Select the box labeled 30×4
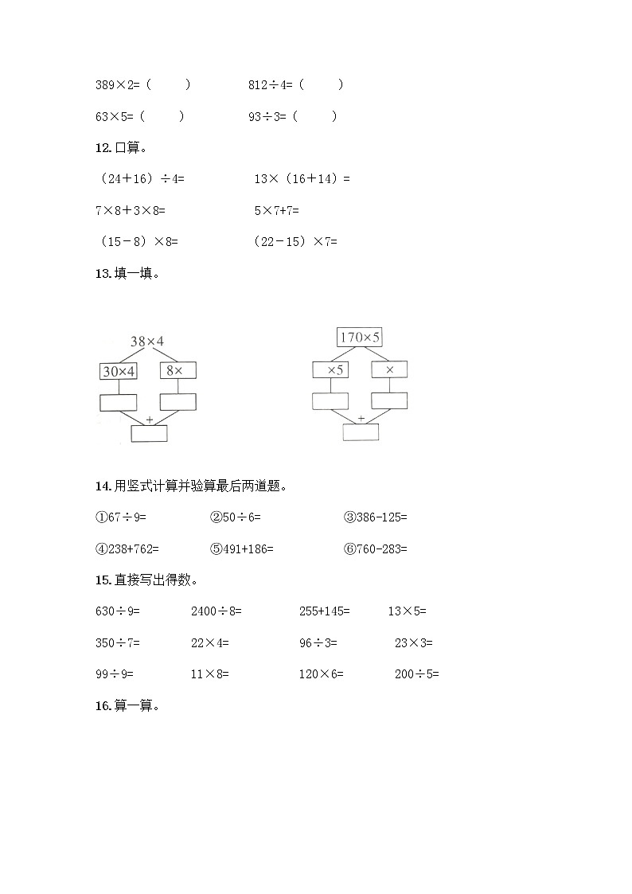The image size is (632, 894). [119, 371]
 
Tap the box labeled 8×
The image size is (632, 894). [178, 370]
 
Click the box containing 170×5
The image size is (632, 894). [360, 338]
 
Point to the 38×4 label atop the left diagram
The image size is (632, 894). [147, 342]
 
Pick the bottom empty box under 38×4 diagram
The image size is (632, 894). [149, 433]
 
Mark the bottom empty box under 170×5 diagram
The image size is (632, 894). [361, 432]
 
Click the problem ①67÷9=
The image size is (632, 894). [121, 517]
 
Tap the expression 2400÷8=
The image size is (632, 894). [217, 611]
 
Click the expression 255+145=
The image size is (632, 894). [324, 611]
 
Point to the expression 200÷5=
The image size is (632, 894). [417, 674]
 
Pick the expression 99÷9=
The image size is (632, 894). [114, 674]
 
